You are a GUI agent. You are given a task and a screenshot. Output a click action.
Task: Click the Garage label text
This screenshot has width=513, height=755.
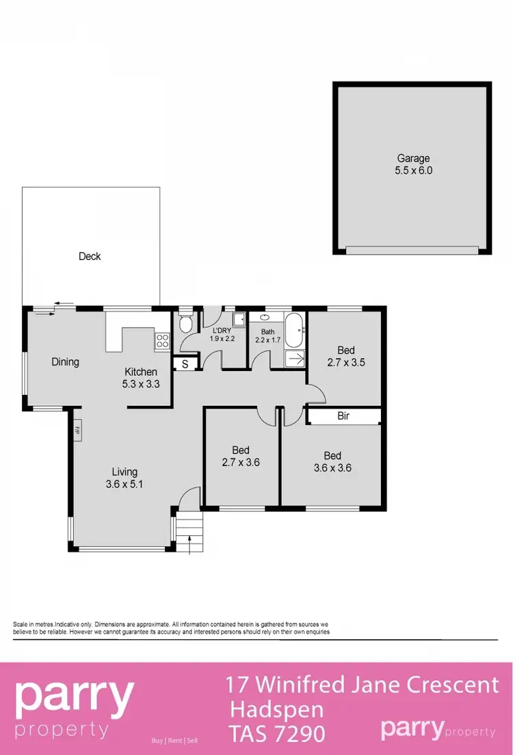413,159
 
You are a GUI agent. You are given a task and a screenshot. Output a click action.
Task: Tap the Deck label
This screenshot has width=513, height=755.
90,256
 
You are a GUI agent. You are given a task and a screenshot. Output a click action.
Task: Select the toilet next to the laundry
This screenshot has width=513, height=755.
185,324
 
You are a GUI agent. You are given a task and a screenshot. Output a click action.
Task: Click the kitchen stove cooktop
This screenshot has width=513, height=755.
162,341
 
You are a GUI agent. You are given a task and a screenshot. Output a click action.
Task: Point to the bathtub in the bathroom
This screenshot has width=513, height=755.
295,331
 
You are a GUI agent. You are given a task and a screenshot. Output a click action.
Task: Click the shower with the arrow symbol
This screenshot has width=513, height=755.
295,358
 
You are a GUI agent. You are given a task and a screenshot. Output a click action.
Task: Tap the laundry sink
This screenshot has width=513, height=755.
239,320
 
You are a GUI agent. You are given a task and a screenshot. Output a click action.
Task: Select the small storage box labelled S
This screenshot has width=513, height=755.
184,364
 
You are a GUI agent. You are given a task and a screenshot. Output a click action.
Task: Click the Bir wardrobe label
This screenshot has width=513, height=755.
343,415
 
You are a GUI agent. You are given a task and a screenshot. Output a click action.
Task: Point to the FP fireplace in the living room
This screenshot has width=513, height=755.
77,431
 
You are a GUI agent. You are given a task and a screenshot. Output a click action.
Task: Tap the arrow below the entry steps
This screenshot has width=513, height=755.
189,546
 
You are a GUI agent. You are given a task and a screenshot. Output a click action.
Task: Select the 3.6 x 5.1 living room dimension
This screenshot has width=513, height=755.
124,484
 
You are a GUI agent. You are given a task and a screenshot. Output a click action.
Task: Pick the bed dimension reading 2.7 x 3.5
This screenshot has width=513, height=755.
345,363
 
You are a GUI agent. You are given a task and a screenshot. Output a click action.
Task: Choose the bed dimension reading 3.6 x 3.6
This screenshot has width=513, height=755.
332,468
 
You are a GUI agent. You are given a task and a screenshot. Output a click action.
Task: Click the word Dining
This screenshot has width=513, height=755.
66,362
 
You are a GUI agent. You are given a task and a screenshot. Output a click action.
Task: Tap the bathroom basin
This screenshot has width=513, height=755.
264,318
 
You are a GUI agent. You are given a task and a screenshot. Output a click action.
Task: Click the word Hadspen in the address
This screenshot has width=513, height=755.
277,708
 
